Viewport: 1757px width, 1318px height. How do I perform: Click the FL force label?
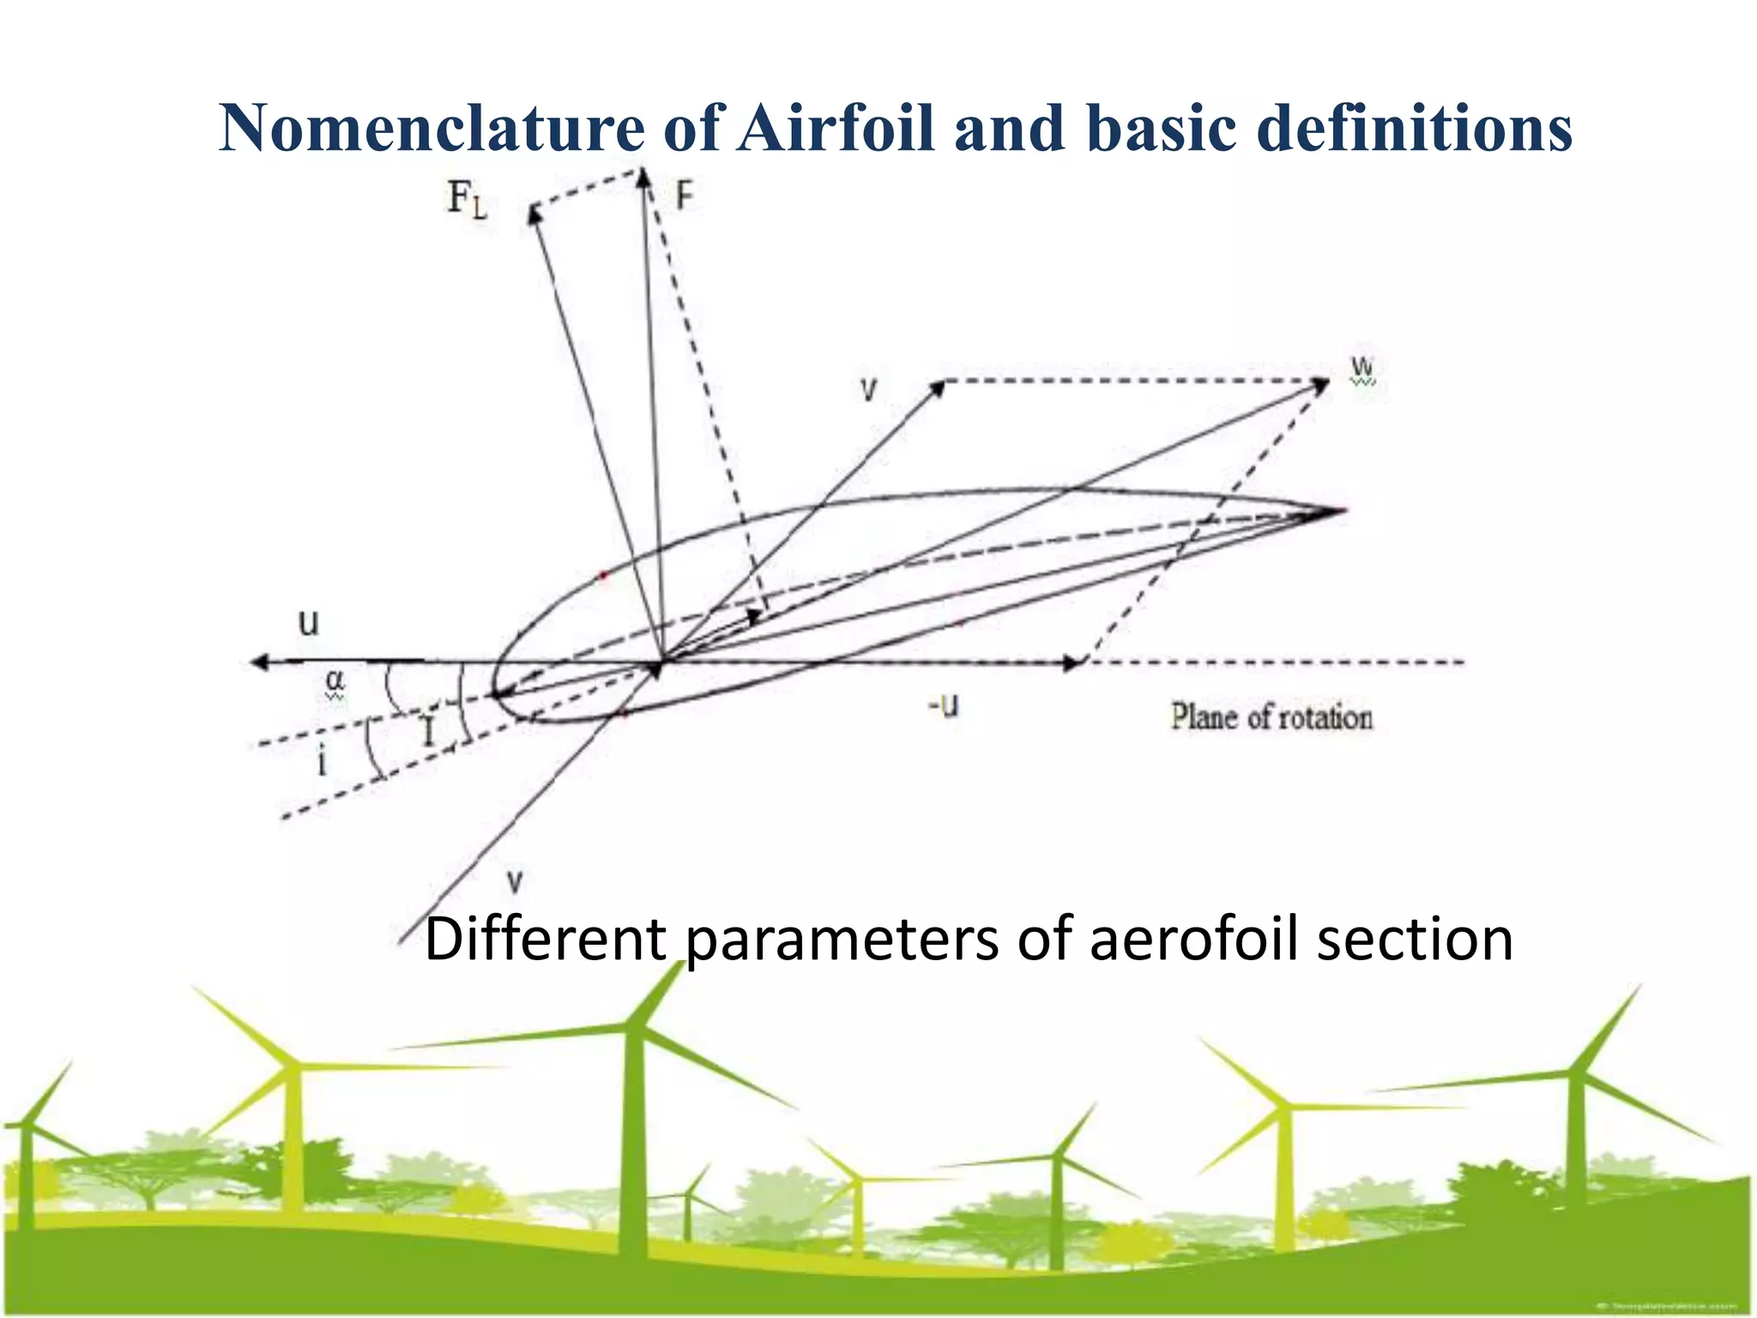coord(467,200)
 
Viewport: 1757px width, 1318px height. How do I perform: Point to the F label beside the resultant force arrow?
coord(684,196)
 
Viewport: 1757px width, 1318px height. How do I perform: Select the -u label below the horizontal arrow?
coord(943,705)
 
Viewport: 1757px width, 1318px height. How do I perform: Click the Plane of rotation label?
coord(1271,716)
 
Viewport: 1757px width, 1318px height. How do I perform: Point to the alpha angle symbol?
coord(335,681)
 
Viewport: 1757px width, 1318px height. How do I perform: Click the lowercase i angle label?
coord(323,760)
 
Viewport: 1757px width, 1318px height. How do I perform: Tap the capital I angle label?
coord(429,732)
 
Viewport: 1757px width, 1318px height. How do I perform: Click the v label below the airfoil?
coord(514,880)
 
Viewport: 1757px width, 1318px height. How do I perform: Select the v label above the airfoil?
coord(869,390)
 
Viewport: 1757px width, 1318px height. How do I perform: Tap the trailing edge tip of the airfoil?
coord(1340,511)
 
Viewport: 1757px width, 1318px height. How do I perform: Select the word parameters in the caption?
coord(842,939)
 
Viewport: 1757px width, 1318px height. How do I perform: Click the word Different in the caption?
coord(546,939)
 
